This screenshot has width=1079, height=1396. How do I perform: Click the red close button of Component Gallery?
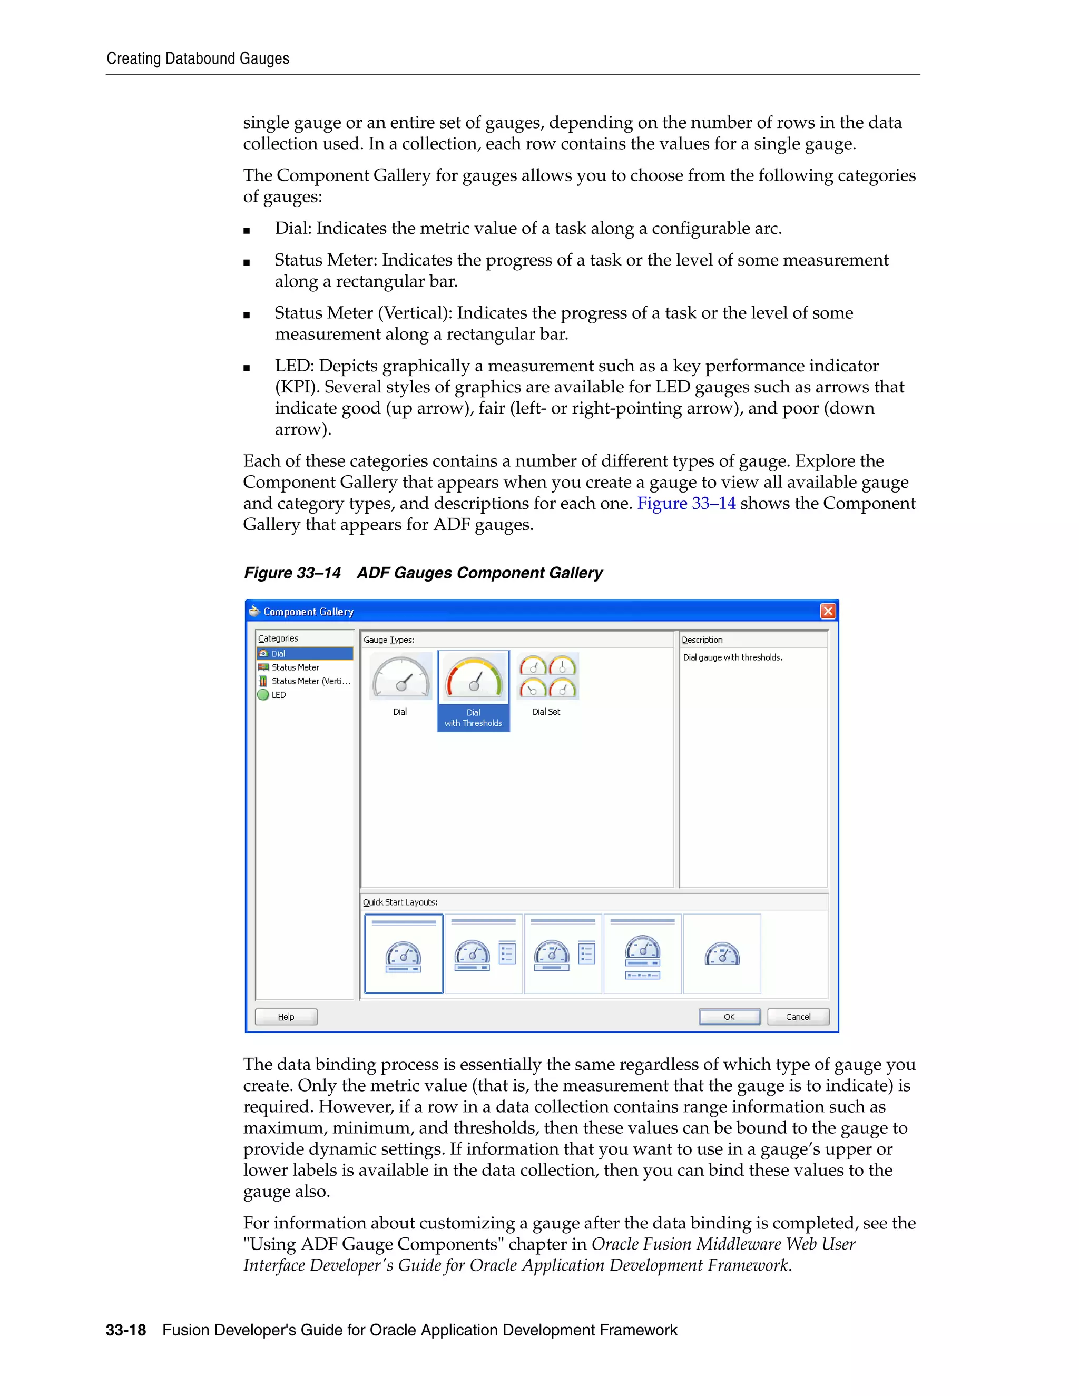point(827,611)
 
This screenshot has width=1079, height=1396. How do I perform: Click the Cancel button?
point(798,1016)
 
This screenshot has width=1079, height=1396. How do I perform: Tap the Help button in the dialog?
point(286,1016)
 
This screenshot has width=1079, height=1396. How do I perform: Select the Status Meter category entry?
point(295,667)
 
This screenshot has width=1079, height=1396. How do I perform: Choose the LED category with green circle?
point(278,695)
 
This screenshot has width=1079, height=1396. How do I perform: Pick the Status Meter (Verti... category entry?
point(310,681)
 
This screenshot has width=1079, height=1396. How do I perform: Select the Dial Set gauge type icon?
point(547,677)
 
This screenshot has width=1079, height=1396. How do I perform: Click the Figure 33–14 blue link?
point(686,504)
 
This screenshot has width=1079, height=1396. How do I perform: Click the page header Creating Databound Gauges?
point(198,59)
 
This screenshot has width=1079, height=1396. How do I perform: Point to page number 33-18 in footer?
point(126,1330)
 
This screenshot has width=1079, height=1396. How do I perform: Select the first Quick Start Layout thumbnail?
point(404,953)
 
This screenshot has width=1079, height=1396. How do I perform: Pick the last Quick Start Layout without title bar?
point(722,953)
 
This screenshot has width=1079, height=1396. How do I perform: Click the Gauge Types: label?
point(389,640)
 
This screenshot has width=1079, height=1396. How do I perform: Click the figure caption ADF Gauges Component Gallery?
point(479,573)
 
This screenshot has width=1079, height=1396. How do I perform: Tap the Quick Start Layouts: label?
point(400,902)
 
